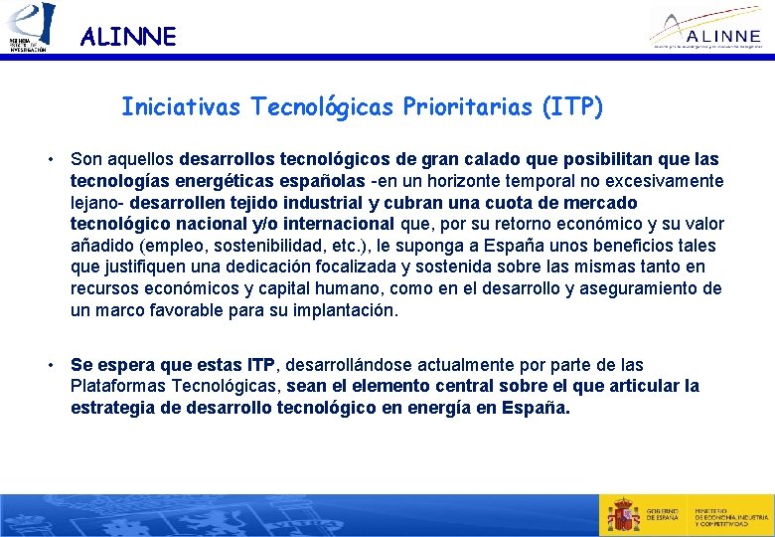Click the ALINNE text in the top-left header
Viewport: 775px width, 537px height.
pyautogui.click(x=128, y=38)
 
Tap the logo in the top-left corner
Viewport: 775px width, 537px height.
pyautogui.click(x=29, y=28)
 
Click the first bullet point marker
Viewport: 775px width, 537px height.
pyautogui.click(x=47, y=160)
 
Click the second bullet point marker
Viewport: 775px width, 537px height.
pyautogui.click(x=47, y=366)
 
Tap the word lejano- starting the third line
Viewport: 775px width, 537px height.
pyautogui.click(x=96, y=203)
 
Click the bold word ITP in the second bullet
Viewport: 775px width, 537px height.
pyautogui.click(x=260, y=365)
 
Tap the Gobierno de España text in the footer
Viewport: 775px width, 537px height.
pyautogui.click(x=664, y=515)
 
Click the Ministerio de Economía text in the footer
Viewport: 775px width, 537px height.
pyautogui.click(x=731, y=515)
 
